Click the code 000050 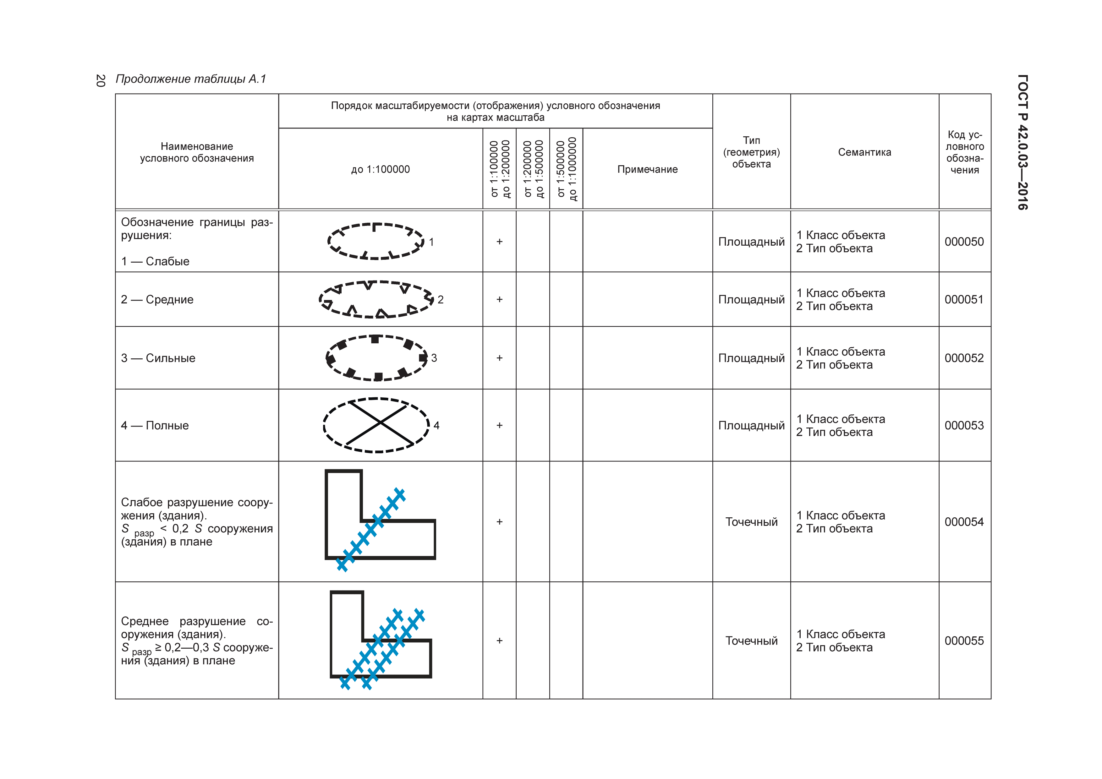[x=964, y=242]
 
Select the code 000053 [x=964, y=426]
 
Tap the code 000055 [x=964, y=641]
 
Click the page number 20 [x=100, y=81]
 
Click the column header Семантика [x=864, y=152]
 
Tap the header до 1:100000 [x=380, y=169]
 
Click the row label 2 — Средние [x=157, y=300]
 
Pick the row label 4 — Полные [x=155, y=426]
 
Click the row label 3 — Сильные [x=158, y=358]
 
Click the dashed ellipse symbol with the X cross [x=377, y=425]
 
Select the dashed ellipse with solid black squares [x=377, y=358]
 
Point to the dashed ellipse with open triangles [x=377, y=300]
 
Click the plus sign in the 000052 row [x=499, y=358]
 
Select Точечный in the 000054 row [x=751, y=522]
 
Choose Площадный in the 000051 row [x=751, y=300]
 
